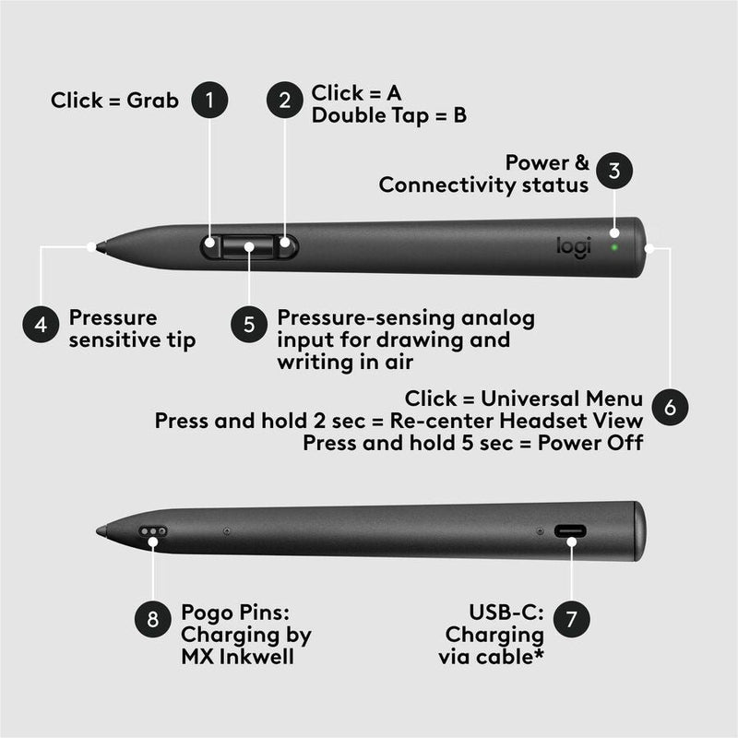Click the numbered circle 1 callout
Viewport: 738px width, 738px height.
(x=210, y=101)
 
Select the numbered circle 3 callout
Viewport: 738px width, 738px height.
(x=614, y=171)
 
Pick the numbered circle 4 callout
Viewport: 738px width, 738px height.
(x=41, y=326)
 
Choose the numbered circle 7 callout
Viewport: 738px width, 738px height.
(x=571, y=619)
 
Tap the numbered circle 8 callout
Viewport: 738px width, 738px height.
(x=153, y=619)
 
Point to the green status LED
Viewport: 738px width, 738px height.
(x=614, y=246)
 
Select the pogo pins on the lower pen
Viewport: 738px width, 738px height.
(x=154, y=532)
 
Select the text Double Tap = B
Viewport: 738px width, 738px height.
(x=388, y=117)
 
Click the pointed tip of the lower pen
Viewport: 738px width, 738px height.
(x=100, y=531)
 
